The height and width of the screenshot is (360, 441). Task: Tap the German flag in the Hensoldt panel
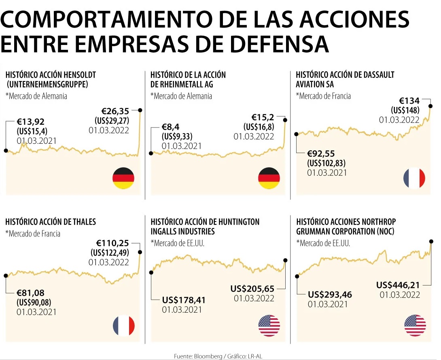tap(123, 178)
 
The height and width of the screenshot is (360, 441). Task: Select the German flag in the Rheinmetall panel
tap(269, 178)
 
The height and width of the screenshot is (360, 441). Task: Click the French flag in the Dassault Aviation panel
tap(414, 178)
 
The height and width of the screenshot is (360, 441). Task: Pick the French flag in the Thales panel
tap(123, 326)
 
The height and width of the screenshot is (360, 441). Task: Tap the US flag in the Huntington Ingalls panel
tap(269, 326)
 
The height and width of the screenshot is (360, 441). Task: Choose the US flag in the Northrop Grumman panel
tap(415, 326)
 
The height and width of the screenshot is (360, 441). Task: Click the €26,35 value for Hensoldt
tap(115, 111)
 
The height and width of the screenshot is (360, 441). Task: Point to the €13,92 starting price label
tap(31, 121)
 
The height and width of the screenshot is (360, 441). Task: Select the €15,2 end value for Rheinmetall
tap(263, 117)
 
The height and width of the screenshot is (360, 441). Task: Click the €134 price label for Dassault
tap(409, 100)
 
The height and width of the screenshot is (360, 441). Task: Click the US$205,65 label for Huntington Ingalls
tap(252, 289)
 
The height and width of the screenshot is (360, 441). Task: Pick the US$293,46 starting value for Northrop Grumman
tap(330, 294)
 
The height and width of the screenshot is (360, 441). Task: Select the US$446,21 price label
tap(398, 285)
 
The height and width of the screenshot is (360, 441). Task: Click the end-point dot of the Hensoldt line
tap(140, 110)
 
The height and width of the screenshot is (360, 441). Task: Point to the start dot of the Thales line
tap(6, 275)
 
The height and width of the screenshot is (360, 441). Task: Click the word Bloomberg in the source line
tap(208, 356)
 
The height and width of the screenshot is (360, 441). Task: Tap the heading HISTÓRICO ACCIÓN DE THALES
tap(51, 222)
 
